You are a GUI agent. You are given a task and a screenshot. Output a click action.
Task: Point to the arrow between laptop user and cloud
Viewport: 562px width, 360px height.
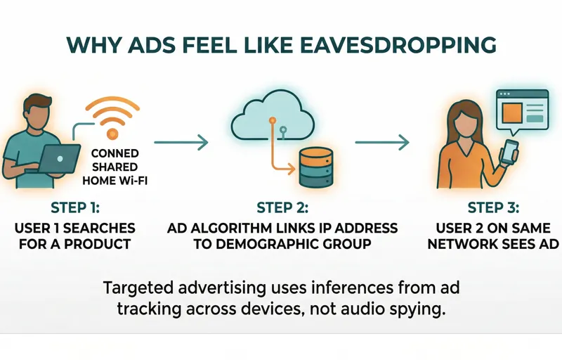click(181, 142)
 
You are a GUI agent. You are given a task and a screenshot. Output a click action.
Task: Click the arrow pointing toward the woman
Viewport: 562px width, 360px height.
click(381, 142)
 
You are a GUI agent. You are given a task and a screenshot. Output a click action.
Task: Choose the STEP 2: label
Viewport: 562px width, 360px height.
click(282, 208)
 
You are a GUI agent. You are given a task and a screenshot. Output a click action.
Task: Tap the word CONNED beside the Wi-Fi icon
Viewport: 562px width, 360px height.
click(115, 153)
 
